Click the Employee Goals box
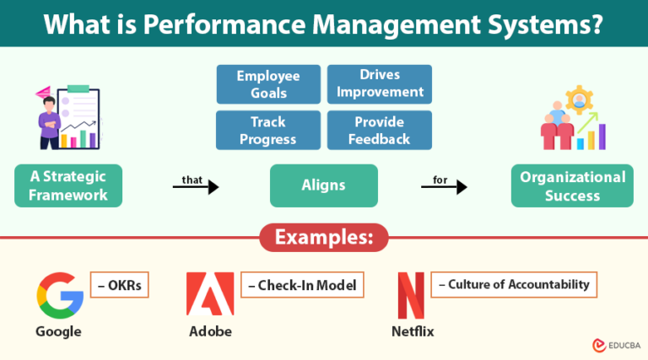pyautogui.click(x=267, y=84)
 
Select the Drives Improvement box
pyautogui.click(x=379, y=84)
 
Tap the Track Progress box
pyautogui.click(x=267, y=130)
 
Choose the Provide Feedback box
pyautogui.click(x=379, y=130)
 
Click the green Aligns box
pyautogui.click(x=323, y=185)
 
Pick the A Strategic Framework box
pyautogui.click(x=68, y=185)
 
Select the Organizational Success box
pyautogui.click(x=572, y=185)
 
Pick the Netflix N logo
pyautogui.click(x=411, y=295)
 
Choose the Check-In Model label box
pyautogui.click(x=300, y=285)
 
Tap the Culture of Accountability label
pyautogui.click(x=514, y=284)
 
